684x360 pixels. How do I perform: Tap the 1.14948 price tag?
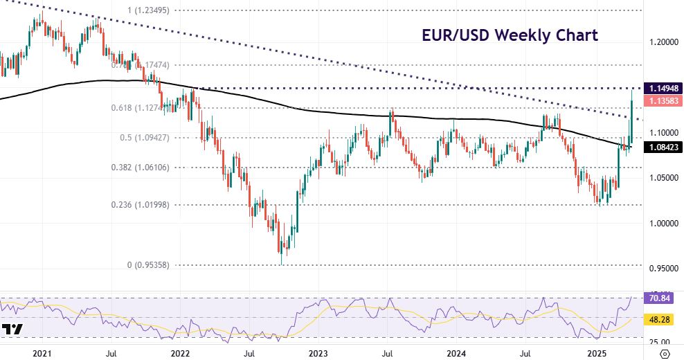pyautogui.click(x=663, y=89)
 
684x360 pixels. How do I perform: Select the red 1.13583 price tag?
pyautogui.click(x=663, y=101)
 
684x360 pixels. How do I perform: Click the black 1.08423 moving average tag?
pyautogui.click(x=663, y=147)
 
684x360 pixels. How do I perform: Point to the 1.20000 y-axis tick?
pyautogui.click(x=663, y=42)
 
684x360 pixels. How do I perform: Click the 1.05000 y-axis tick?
pyautogui.click(x=663, y=178)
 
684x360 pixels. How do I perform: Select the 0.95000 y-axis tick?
pyautogui.click(x=663, y=269)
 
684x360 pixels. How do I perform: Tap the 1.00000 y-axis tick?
pyautogui.click(x=663, y=224)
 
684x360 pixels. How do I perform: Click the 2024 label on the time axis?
pyautogui.click(x=456, y=352)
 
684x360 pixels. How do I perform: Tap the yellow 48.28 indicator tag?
pyautogui.click(x=663, y=321)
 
